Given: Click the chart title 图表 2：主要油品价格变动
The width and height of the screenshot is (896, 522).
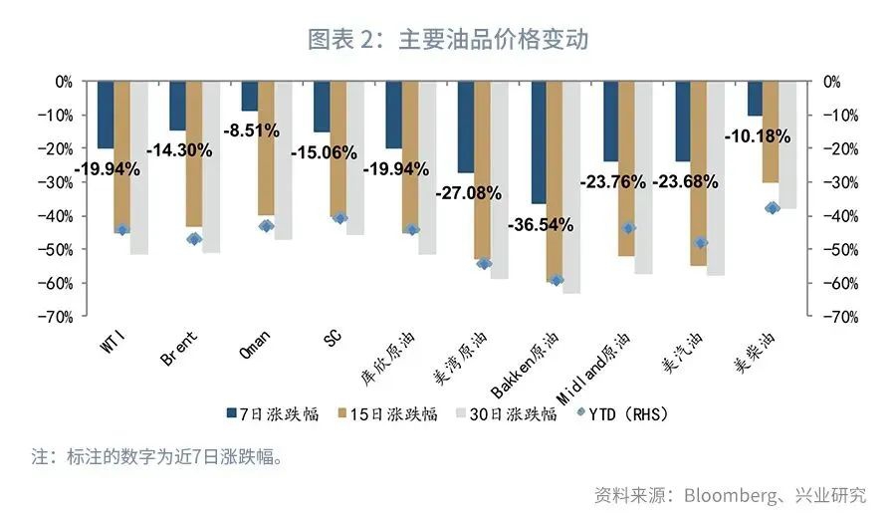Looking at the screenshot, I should [447, 39].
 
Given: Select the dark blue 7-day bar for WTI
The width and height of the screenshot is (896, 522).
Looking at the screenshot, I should [106, 114].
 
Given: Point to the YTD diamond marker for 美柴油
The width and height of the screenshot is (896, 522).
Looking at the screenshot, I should [772, 207].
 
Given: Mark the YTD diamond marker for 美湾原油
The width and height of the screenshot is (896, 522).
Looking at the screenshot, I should [484, 263].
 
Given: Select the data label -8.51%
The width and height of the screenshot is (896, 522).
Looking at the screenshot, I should [250, 130].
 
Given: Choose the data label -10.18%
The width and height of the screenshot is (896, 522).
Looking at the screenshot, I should [758, 135].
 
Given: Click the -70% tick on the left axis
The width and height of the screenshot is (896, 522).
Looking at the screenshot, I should [58, 317].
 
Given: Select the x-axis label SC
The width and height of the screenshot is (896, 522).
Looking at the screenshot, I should [332, 340].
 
